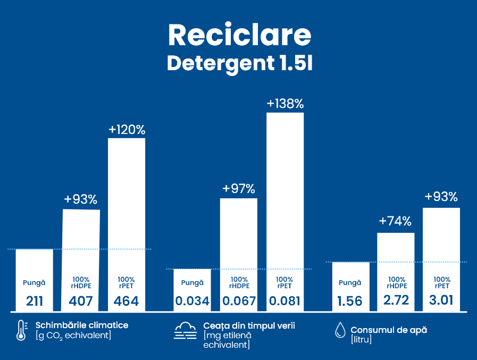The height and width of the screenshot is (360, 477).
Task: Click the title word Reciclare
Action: tap(239, 35)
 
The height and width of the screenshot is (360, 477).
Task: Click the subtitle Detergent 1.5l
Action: tap(239, 63)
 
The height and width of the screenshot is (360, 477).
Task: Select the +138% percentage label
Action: tap(285, 104)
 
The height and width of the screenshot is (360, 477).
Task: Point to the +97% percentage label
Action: tap(239, 189)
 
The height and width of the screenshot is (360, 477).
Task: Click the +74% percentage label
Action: tap(395, 221)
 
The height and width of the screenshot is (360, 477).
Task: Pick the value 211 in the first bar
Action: tap(35, 302)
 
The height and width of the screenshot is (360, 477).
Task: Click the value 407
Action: tap(81, 302)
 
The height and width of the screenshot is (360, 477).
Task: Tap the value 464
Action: tap(127, 302)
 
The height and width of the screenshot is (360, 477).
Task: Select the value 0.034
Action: tap(192, 302)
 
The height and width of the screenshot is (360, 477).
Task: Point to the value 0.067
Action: tap(239, 302)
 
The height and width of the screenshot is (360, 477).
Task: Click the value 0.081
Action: tap(285, 302)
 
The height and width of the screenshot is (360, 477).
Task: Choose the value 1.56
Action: tap(350, 302)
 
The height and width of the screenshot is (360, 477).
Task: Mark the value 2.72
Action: tap(396, 300)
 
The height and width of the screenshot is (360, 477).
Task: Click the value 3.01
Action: tap(441, 300)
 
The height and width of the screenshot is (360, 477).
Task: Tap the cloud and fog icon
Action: tap(186, 331)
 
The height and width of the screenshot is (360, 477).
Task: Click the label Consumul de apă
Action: tap(389, 330)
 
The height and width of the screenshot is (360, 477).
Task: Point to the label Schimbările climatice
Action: tap(82, 325)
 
